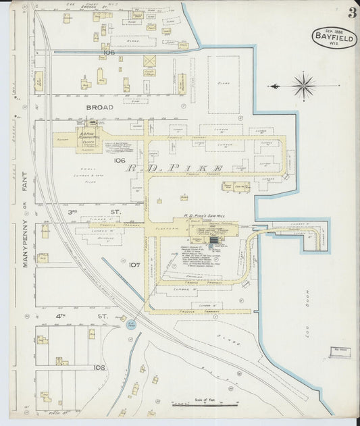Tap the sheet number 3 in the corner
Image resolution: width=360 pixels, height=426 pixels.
pos(352,13)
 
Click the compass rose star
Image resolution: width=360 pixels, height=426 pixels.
pos(304,86)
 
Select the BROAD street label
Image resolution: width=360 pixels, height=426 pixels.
pos(99,107)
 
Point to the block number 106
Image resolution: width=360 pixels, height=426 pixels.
pos(119,161)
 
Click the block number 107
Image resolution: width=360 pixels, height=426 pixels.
pos(115,265)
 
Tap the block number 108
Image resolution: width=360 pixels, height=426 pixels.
pos(99,368)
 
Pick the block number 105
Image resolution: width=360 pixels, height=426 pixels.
pos(109,52)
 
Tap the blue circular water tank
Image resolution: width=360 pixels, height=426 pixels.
pos(133,325)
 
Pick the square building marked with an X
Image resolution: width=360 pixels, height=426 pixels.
pos(149,61)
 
